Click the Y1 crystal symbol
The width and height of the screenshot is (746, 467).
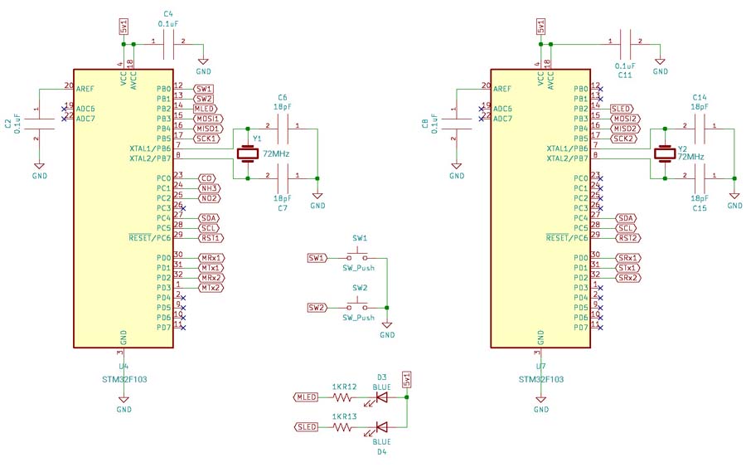(x=247, y=153)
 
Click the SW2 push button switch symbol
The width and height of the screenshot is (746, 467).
(x=360, y=306)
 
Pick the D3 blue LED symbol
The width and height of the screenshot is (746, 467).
(x=381, y=396)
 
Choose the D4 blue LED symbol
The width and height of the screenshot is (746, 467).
(x=381, y=426)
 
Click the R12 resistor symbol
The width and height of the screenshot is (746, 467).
(x=342, y=396)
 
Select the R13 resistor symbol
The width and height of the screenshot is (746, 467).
(x=342, y=426)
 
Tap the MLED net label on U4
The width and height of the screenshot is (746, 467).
(x=206, y=109)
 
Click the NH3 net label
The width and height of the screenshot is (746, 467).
(x=209, y=188)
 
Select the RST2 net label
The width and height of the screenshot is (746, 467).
(x=627, y=238)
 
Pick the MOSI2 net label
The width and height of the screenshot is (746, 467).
(x=626, y=119)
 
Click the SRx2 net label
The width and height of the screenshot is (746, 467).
(x=627, y=278)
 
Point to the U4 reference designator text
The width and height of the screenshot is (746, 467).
(x=124, y=366)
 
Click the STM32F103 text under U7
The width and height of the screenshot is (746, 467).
(x=540, y=378)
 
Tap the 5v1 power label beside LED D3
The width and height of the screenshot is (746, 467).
(x=406, y=379)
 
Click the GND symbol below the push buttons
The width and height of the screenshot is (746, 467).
(x=387, y=329)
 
